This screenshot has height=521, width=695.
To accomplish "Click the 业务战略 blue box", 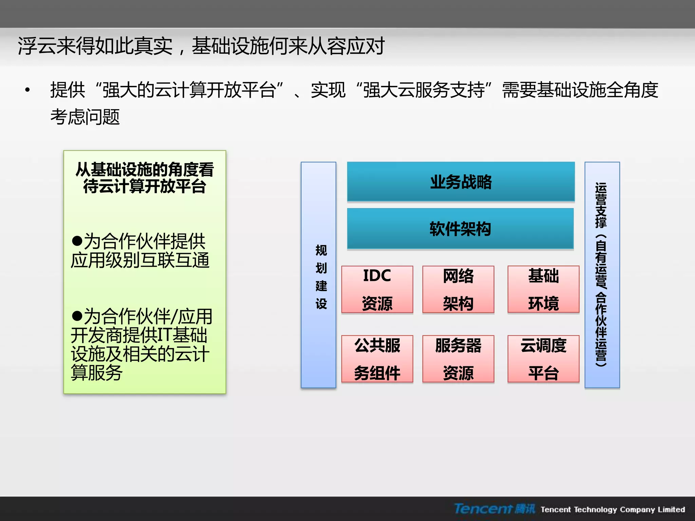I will (461, 182).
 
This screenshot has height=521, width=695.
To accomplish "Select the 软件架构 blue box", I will (460, 229).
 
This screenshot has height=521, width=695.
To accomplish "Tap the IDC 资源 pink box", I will (377, 289).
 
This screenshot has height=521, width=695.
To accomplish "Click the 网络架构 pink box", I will (458, 289).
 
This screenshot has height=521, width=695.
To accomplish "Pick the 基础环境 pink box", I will (543, 289).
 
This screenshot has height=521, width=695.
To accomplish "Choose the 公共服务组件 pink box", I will (377, 359).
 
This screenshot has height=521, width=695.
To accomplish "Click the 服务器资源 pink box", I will (458, 359).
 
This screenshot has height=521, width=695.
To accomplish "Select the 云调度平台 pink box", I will (543, 359).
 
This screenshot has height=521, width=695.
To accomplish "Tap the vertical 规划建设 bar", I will (318, 275).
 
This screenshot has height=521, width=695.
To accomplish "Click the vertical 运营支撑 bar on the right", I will (602, 275).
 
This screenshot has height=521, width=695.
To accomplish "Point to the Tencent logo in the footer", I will (494, 509).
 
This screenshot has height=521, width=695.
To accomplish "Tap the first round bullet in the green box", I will (77, 241).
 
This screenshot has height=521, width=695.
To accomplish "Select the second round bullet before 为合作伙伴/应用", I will (77, 316).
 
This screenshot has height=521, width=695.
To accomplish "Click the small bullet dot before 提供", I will (27, 90).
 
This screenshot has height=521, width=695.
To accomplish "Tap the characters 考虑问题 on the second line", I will (85, 117).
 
